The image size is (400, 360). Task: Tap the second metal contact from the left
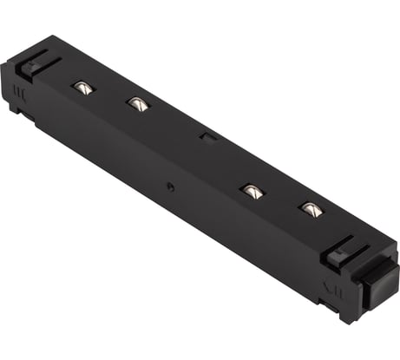[135, 104]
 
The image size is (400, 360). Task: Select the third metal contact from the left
[252, 191]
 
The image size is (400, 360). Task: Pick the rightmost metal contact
[309, 208]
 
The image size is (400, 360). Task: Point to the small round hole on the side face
[171, 186]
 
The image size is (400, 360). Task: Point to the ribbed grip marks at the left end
[21, 90]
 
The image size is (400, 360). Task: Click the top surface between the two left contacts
[108, 95]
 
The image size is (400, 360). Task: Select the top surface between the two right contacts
[280, 200]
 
